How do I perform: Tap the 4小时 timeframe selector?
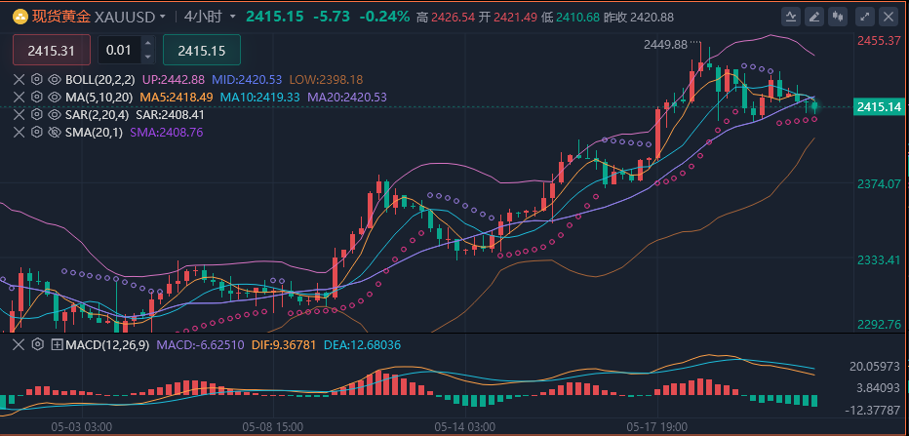click(203, 17)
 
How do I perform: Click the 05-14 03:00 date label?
click(464, 427)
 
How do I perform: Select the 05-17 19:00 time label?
click(656, 427)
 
